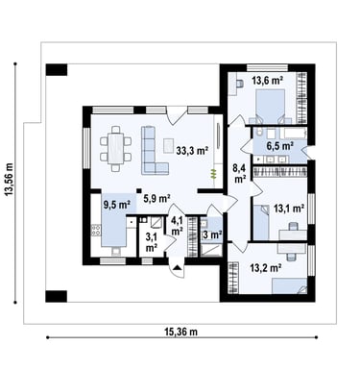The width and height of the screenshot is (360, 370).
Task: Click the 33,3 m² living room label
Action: (x=192, y=151)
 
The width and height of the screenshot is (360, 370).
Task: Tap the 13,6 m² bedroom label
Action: (x=268, y=80)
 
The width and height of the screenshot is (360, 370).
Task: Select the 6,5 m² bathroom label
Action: (x=280, y=146)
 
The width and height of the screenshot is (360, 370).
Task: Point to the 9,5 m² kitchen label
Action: (x=116, y=204)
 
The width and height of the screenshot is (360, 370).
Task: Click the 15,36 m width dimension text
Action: (x=180, y=332)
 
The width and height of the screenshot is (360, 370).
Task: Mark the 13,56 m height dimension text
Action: (x=9, y=179)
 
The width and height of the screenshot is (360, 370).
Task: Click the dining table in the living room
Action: (x=115, y=149)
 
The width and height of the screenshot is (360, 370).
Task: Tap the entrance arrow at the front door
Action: (x=177, y=268)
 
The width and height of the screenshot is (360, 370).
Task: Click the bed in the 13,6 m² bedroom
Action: (x=271, y=106)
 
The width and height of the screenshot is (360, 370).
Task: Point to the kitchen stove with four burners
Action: (x=96, y=230)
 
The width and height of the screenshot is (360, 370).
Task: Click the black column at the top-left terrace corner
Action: (x=57, y=70)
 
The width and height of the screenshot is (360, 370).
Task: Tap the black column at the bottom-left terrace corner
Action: (x=57, y=296)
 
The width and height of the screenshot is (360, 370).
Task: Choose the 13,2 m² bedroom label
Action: (x=266, y=268)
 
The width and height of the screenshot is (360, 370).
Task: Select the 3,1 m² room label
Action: (x=151, y=242)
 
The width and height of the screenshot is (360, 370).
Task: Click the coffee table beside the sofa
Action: (x=168, y=146)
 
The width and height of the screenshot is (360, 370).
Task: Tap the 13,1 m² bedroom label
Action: (x=289, y=209)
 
